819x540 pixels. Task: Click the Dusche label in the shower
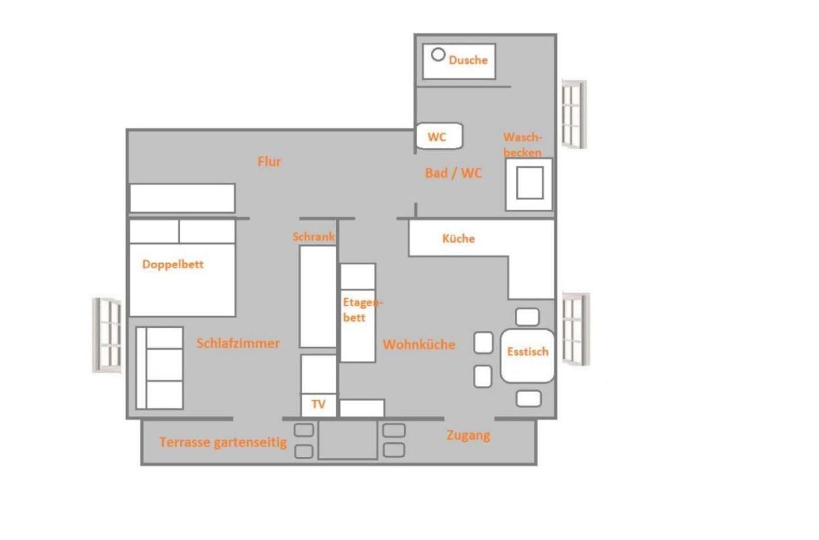(468, 60)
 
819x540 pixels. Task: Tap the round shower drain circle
(438, 55)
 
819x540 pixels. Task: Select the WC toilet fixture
(439, 136)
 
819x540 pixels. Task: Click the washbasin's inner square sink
(530, 183)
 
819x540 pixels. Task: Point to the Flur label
(269, 161)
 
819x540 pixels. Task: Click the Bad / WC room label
(454, 173)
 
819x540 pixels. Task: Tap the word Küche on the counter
(459, 238)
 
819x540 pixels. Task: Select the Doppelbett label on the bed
(173, 264)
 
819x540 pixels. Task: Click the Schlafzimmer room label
(238, 343)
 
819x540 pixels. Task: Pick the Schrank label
(313, 236)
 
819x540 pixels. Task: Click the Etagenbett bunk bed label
(363, 310)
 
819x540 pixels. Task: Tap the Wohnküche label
(419, 344)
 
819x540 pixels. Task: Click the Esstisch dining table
(527, 356)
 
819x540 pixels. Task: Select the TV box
(318, 405)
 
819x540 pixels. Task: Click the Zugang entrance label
(468, 435)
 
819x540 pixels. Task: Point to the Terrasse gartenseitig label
(223, 442)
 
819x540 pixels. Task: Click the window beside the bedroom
(107, 335)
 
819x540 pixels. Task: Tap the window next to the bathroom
(573, 114)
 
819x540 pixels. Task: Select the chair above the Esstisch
(527, 317)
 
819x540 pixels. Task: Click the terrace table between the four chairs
(347, 439)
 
